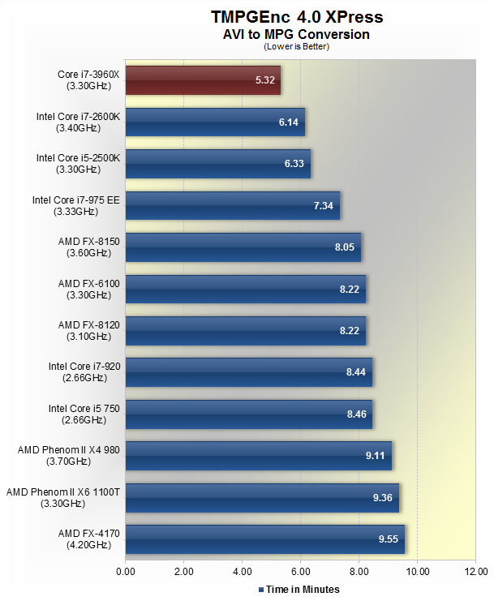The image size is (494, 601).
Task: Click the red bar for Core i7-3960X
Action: point(203,80)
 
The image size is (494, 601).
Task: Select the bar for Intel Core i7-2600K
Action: point(215,122)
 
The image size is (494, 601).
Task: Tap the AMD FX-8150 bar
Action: point(243,247)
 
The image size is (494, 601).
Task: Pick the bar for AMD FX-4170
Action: point(265,539)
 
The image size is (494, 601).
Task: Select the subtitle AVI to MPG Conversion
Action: point(297,34)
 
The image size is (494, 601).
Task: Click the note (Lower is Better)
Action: point(297,46)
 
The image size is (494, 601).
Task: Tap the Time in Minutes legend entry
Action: point(299,589)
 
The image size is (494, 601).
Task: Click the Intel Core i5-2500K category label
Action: point(78,164)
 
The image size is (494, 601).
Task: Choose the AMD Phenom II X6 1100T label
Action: point(62,497)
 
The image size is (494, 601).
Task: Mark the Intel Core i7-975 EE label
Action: point(75,205)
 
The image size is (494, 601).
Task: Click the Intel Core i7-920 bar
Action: point(248,372)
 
